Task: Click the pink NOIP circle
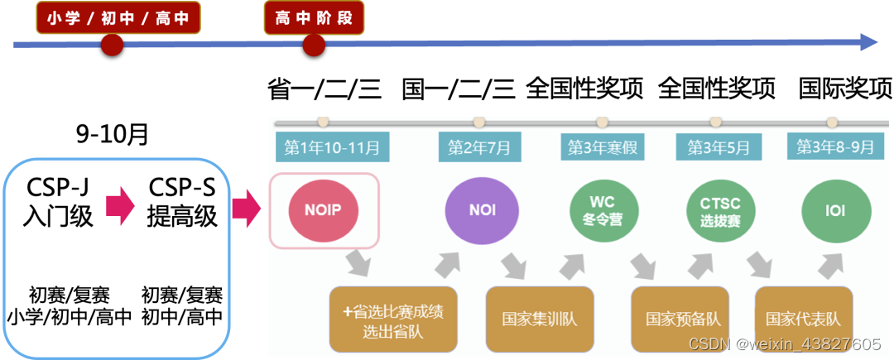point(323,209)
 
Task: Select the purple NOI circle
point(482,209)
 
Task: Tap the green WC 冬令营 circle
point(602,209)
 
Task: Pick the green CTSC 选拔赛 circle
point(718,209)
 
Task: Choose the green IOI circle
point(835,209)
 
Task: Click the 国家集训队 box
point(540,319)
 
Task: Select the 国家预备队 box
point(680,319)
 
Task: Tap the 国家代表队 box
point(803,319)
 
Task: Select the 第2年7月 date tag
point(479,147)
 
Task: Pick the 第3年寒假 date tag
point(601,147)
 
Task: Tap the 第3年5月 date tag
point(719,147)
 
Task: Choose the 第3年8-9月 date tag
point(836,147)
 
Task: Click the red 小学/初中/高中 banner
point(118,18)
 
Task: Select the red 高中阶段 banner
point(314,18)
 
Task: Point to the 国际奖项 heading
point(845,88)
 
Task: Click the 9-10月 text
point(113,133)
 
